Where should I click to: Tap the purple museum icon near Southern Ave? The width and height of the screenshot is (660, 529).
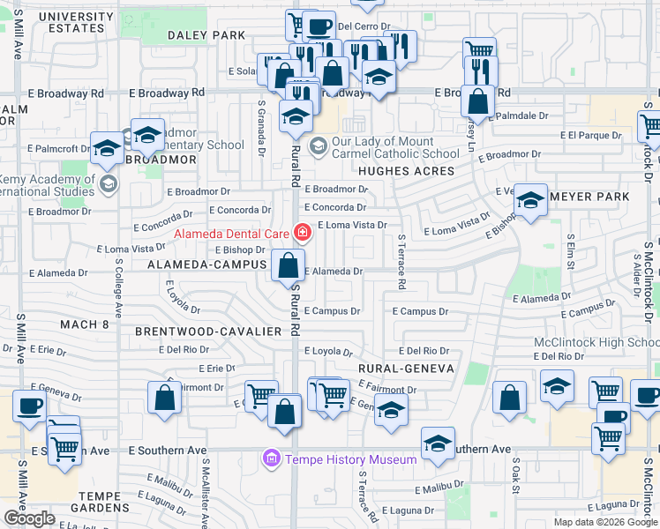271,459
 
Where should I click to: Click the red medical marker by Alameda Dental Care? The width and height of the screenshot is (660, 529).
303,234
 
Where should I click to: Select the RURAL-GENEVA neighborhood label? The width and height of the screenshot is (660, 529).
406,369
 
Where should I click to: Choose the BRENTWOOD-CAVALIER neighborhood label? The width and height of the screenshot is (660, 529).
208,332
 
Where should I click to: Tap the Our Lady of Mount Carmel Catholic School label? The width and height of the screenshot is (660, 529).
395,147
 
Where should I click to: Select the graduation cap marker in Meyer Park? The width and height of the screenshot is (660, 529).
530,199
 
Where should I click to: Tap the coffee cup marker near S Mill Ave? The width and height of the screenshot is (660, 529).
28,406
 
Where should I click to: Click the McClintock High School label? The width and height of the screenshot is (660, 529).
596,342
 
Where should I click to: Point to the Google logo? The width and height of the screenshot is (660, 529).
29,518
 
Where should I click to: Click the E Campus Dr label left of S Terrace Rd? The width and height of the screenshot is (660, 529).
332,311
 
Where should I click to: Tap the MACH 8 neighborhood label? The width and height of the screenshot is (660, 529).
83,324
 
